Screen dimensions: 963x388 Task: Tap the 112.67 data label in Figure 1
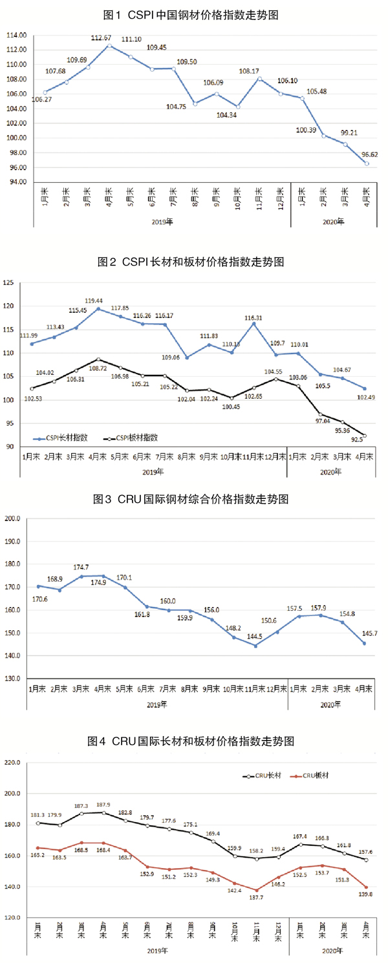pos(102,37)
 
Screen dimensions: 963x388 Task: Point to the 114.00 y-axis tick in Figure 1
pos(17,35)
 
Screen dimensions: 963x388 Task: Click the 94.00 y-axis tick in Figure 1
pos(17,183)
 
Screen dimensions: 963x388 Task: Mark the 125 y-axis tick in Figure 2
pos(10,283)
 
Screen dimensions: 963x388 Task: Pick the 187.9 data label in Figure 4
pos(104,805)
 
